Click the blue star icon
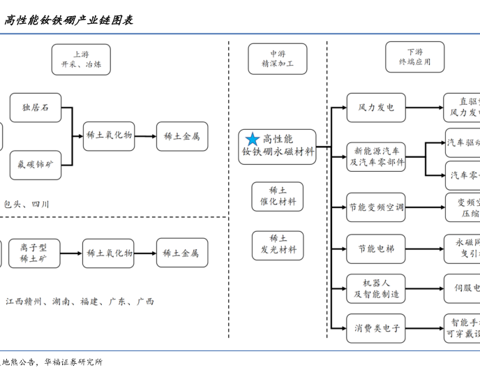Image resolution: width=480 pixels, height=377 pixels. pyautogui.click(x=253, y=140)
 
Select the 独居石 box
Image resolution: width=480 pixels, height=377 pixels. pyautogui.click(x=36, y=108)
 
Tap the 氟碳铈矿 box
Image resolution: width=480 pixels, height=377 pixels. pyautogui.click(x=36, y=165)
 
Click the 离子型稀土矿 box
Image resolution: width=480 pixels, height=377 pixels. pyautogui.click(x=34, y=253)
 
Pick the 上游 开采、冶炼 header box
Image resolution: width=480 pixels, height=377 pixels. pyautogui.click(x=81, y=59)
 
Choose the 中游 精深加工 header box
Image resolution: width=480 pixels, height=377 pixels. pyautogui.click(x=278, y=59)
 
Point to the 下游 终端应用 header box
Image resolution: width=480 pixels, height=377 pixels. pyautogui.click(x=414, y=57)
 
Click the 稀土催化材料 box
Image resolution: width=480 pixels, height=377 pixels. pyautogui.click(x=278, y=196)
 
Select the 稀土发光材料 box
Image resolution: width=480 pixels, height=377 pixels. pyautogui.click(x=278, y=244)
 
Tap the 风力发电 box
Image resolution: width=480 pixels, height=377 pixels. pyautogui.click(x=376, y=108)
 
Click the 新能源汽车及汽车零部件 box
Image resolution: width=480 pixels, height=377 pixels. pyautogui.click(x=376, y=156)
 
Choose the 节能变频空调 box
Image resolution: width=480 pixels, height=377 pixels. pyautogui.click(x=376, y=207)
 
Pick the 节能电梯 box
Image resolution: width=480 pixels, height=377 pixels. pyautogui.click(x=376, y=249)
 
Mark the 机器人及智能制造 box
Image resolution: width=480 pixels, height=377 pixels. pyautogui.click(x=376, y=289)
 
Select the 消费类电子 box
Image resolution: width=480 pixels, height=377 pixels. pyautogui.click(x=376, y=327)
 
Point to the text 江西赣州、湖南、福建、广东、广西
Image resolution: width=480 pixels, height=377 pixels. pyautogui.click(x=80, y=302)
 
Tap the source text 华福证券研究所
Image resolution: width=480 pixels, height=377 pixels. pyautogui.click(x=73, y=362)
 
